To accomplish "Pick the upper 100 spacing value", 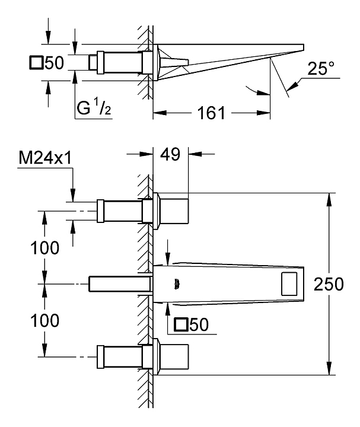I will pyautogui.click(x=46, y=248).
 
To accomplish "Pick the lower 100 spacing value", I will pyautogui.click(x=46, y=320).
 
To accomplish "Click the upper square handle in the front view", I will pyautogui.click(x=172, y=211).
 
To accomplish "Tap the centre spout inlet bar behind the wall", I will pyautogui.click(x=119, y=283).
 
